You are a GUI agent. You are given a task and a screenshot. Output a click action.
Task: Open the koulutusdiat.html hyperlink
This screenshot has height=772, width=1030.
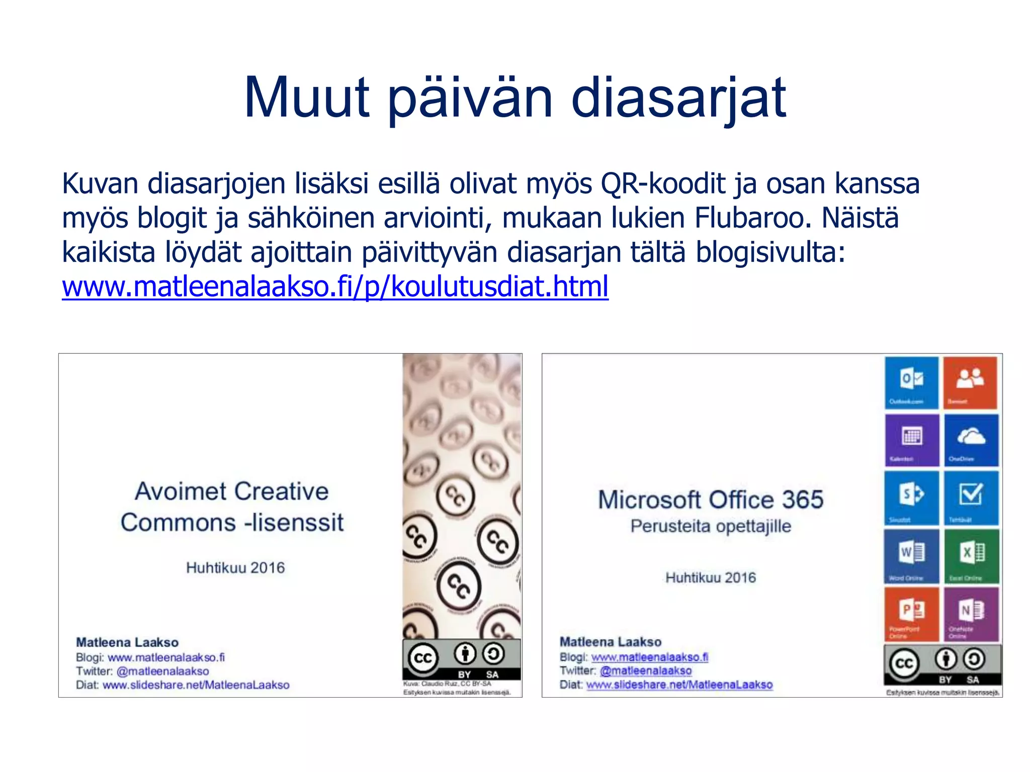(x=335, y=286)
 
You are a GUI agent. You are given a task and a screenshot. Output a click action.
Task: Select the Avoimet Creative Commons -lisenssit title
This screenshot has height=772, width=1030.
(x=232, y=507)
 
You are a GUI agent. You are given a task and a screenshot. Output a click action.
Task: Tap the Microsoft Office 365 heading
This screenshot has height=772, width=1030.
(x=711, y=500)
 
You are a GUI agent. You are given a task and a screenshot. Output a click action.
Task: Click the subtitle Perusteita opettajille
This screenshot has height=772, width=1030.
(x=711, y=526)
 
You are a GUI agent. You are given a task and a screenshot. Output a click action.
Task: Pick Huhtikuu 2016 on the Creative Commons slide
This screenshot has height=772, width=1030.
(x=235, y=568)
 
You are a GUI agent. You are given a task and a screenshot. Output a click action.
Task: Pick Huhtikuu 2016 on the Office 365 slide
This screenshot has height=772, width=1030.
(x=711, y=577)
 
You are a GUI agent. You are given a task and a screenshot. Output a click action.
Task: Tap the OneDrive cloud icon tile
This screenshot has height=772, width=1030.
(x=971, y=440)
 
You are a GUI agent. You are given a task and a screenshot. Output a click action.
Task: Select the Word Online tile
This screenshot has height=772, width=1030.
(x=911, y=556)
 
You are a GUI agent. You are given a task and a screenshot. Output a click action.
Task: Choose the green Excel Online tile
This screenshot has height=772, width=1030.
(x=971, y=556)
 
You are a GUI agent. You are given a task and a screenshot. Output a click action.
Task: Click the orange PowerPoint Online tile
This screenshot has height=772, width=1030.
(x=911, y=614)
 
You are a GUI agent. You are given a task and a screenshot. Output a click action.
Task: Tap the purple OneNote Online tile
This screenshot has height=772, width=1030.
(x=971, y=614)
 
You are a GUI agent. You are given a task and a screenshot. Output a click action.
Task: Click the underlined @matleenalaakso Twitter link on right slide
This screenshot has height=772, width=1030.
(x=646, y=670)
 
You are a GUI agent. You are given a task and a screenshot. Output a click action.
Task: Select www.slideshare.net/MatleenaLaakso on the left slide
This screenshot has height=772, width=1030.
(x=196, y=685)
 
